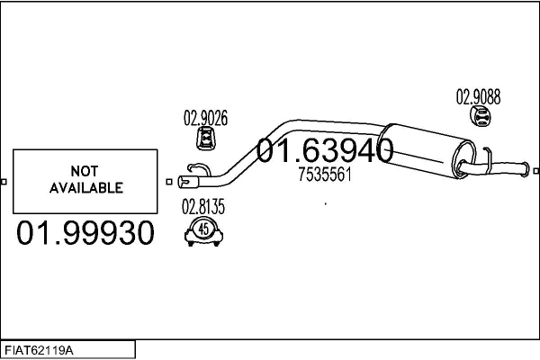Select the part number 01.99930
[85, 234]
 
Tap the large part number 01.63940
[325, 151]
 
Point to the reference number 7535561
[324, 175]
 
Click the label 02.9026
[205, 117]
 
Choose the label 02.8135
[203, 207]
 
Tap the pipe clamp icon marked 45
[203, 232]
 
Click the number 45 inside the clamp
[203, 229]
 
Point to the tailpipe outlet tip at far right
[526, 166]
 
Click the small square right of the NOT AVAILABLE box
[169, 182]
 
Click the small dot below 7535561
[325, 204]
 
